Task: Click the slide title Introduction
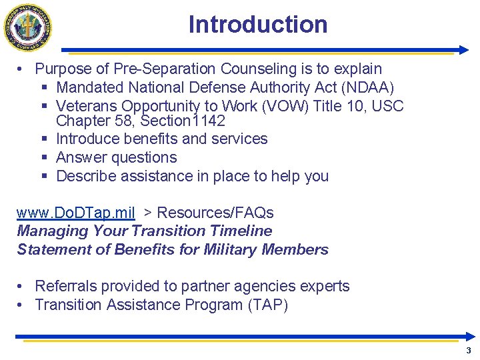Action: point(258,25)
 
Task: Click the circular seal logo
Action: point(28,27)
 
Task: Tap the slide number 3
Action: point(469,351)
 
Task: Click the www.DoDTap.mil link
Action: point(76,213)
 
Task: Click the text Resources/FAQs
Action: point(215,213)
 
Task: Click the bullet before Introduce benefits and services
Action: point(43,139)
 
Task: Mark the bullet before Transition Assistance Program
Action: point(21,305)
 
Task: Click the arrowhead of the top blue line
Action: point(464,50)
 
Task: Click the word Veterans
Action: point(87,106)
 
